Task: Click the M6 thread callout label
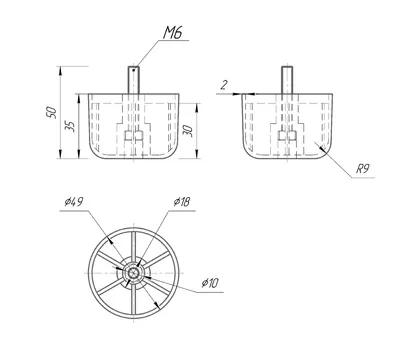click(x=173, y=32)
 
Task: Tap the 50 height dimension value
click(x=51, y=112)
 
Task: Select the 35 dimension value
click(x=69, y=126)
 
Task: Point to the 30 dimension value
click(x=188, y=131)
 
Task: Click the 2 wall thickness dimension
click(x=224, y=85)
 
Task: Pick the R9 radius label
click(x=363, y=169)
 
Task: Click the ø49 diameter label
click(x=73, y=202)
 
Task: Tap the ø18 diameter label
click(x=182, y=202)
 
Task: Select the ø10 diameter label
click(x=210, y=283)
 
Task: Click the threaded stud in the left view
click(x=134, y=80)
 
